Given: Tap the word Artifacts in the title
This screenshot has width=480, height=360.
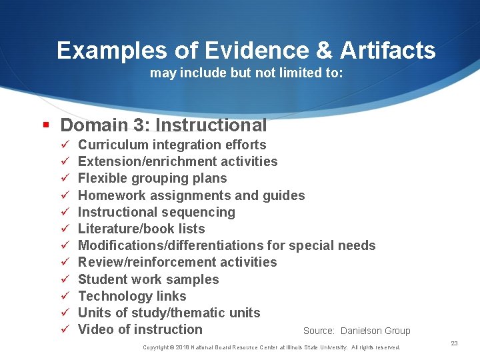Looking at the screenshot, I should coord(387,51).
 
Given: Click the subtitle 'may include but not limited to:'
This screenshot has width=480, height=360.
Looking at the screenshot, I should coord(246,73).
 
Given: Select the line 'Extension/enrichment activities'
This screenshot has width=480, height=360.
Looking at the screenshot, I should coord(177,161).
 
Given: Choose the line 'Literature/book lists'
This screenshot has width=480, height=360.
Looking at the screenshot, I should coord(141,229).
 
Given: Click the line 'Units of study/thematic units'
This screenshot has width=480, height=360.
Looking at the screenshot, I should coord(169,313).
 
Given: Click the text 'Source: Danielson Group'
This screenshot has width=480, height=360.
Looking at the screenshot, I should coord(357,331).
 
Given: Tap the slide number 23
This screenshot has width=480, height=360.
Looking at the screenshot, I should coord(454,343).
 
